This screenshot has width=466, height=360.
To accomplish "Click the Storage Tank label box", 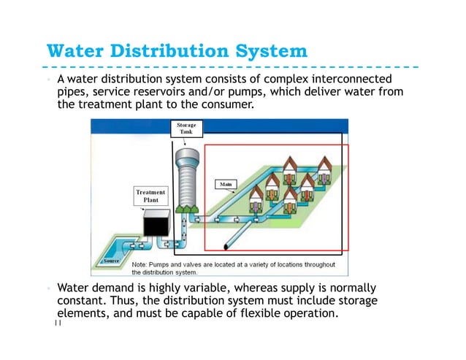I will tap(187, 129).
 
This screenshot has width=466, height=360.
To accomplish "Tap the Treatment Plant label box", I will tap(150, 196).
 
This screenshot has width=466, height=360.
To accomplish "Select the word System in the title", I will tap(266, 52).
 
